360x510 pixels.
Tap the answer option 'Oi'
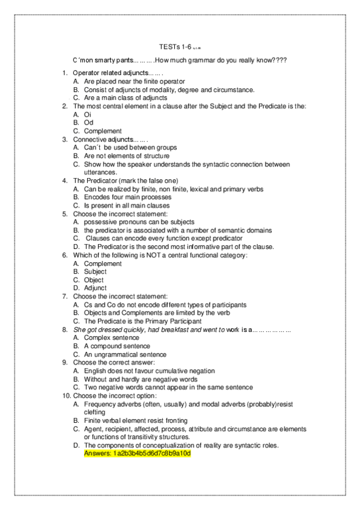[88, 114]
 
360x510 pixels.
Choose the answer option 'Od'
[88, 123]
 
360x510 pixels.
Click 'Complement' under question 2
[103, 131]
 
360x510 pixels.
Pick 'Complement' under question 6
[103, 263]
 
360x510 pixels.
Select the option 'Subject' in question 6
[95, 272]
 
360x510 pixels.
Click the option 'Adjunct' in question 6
[96, 288]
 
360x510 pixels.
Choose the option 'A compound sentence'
[117, 346]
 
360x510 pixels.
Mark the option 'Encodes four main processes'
[127, 197]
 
